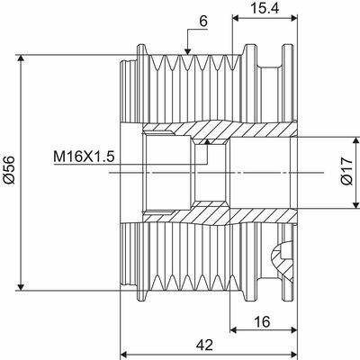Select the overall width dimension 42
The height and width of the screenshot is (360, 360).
click(x=206, y=344)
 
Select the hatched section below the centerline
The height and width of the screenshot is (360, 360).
click(x=216, y=213)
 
